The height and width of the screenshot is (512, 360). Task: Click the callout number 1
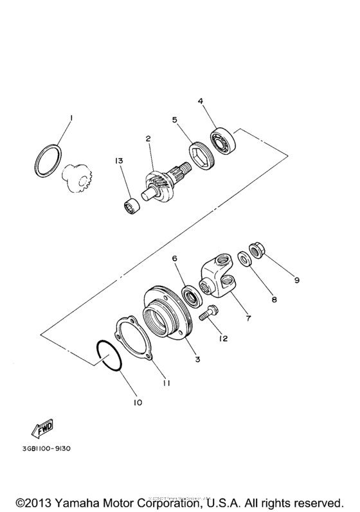[x=71, y=118]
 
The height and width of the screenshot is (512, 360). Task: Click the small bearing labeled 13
[x=133, y=207]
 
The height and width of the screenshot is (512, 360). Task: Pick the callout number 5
[x=174, y=119]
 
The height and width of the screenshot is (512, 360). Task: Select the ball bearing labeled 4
[x=225, y=141]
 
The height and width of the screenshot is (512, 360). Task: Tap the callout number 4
[x=201, y=101]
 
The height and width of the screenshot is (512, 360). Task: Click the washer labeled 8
[x=245, y=261]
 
